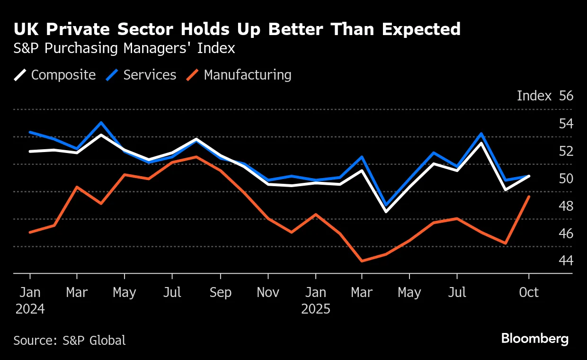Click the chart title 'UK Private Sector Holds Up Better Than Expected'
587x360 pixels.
click(x=237, y=29)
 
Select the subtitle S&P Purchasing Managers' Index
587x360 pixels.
click(x=124, y=49)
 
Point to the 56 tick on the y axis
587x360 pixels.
click(x=566, y=96)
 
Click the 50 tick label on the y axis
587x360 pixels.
click(x=566, y=179)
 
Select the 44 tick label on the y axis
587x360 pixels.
click(x=566, y=261)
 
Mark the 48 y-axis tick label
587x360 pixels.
click(x=566, y=207)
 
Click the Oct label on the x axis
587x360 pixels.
click(x=529, y=293)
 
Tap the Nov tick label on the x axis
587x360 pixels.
click(x=268, y=293)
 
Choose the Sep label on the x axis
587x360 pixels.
click(x=220, y=293)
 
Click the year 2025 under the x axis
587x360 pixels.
click(x=316, y=309)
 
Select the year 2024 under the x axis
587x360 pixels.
click(x=30, y=309)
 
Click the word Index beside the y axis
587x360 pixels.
click(x=534, y=96)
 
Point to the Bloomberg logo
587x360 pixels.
click(x=534, y=339)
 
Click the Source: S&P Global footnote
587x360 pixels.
click(x=70, y=340)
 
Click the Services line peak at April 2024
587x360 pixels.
click(x=101, y=123)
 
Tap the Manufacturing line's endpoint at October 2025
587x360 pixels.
click(x=529, y=197)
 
